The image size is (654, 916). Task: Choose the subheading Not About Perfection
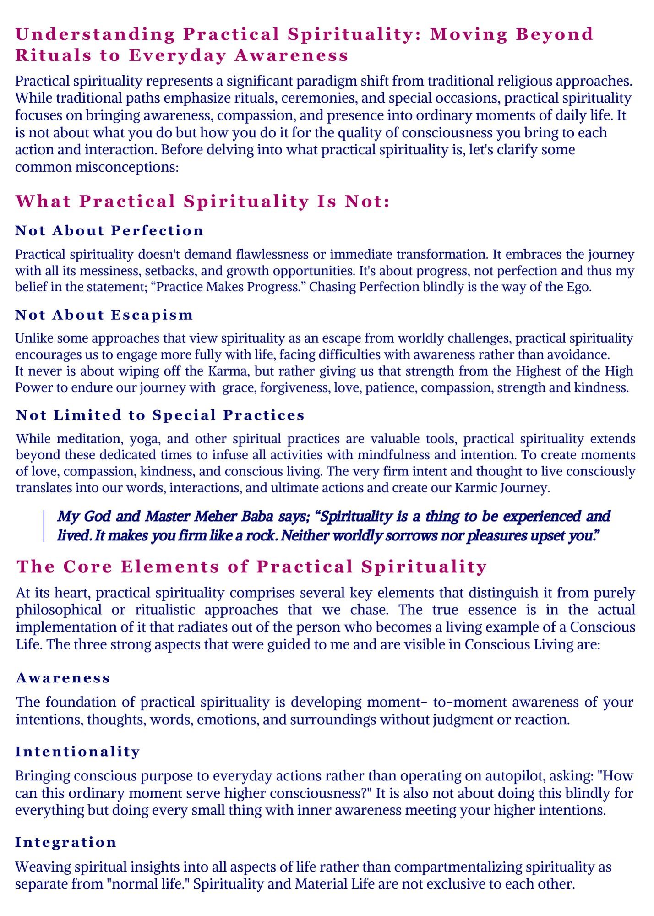coord(109,230)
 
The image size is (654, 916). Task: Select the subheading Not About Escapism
coord(104,315)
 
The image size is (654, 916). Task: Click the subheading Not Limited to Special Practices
coord(160,415)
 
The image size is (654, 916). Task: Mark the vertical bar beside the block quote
coord(44,526)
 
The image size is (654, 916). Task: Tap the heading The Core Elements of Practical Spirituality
coord(251,567)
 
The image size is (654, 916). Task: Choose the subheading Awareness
coord(63,678)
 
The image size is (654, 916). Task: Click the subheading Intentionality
coord(77,752)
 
